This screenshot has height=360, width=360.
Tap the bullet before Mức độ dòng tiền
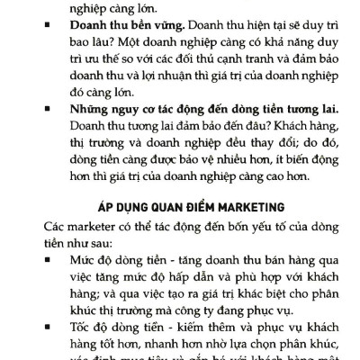[x=44, y=261]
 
